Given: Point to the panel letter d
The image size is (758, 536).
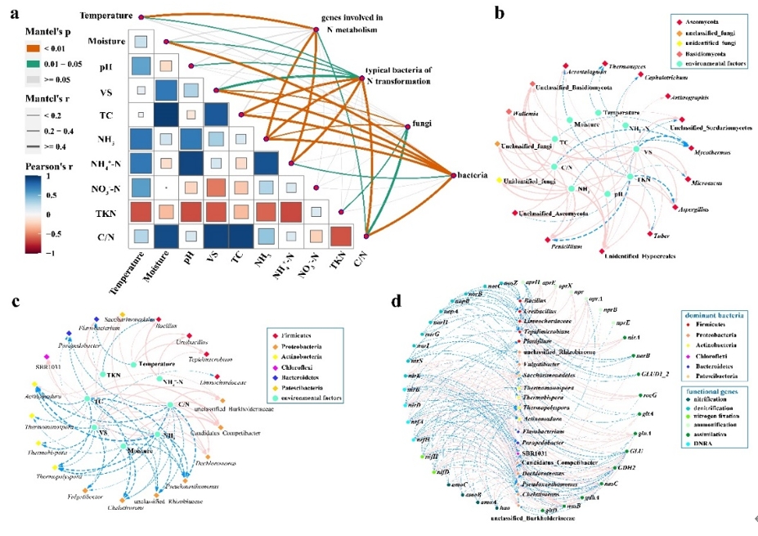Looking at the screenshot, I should point(397,300).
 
